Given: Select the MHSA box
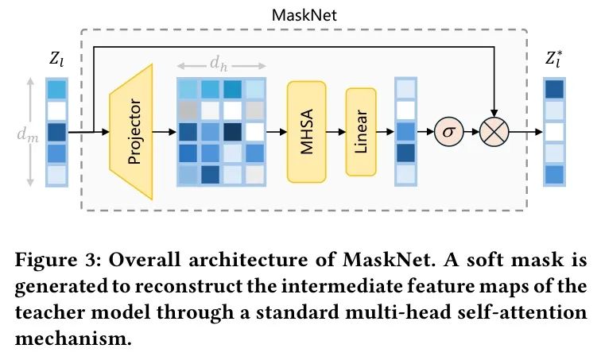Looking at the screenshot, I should pos(307,131).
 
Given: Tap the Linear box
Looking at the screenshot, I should pos(360,131).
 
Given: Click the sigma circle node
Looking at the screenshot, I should pos(448,131).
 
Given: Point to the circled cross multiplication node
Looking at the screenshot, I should pos(494,131).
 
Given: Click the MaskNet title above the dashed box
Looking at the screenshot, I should pos(302,14).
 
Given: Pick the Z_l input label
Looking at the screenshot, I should pos(57,60).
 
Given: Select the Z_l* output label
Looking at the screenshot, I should pos(555,60).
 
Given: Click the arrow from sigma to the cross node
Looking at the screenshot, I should pos(471,131).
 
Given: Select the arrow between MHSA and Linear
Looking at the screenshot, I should pos(334,131).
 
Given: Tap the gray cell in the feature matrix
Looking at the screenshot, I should pos(188,109).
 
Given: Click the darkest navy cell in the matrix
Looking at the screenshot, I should pos(233,130).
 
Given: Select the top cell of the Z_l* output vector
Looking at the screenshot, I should pos(554,87).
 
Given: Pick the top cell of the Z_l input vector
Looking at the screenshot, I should pos(57,87).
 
